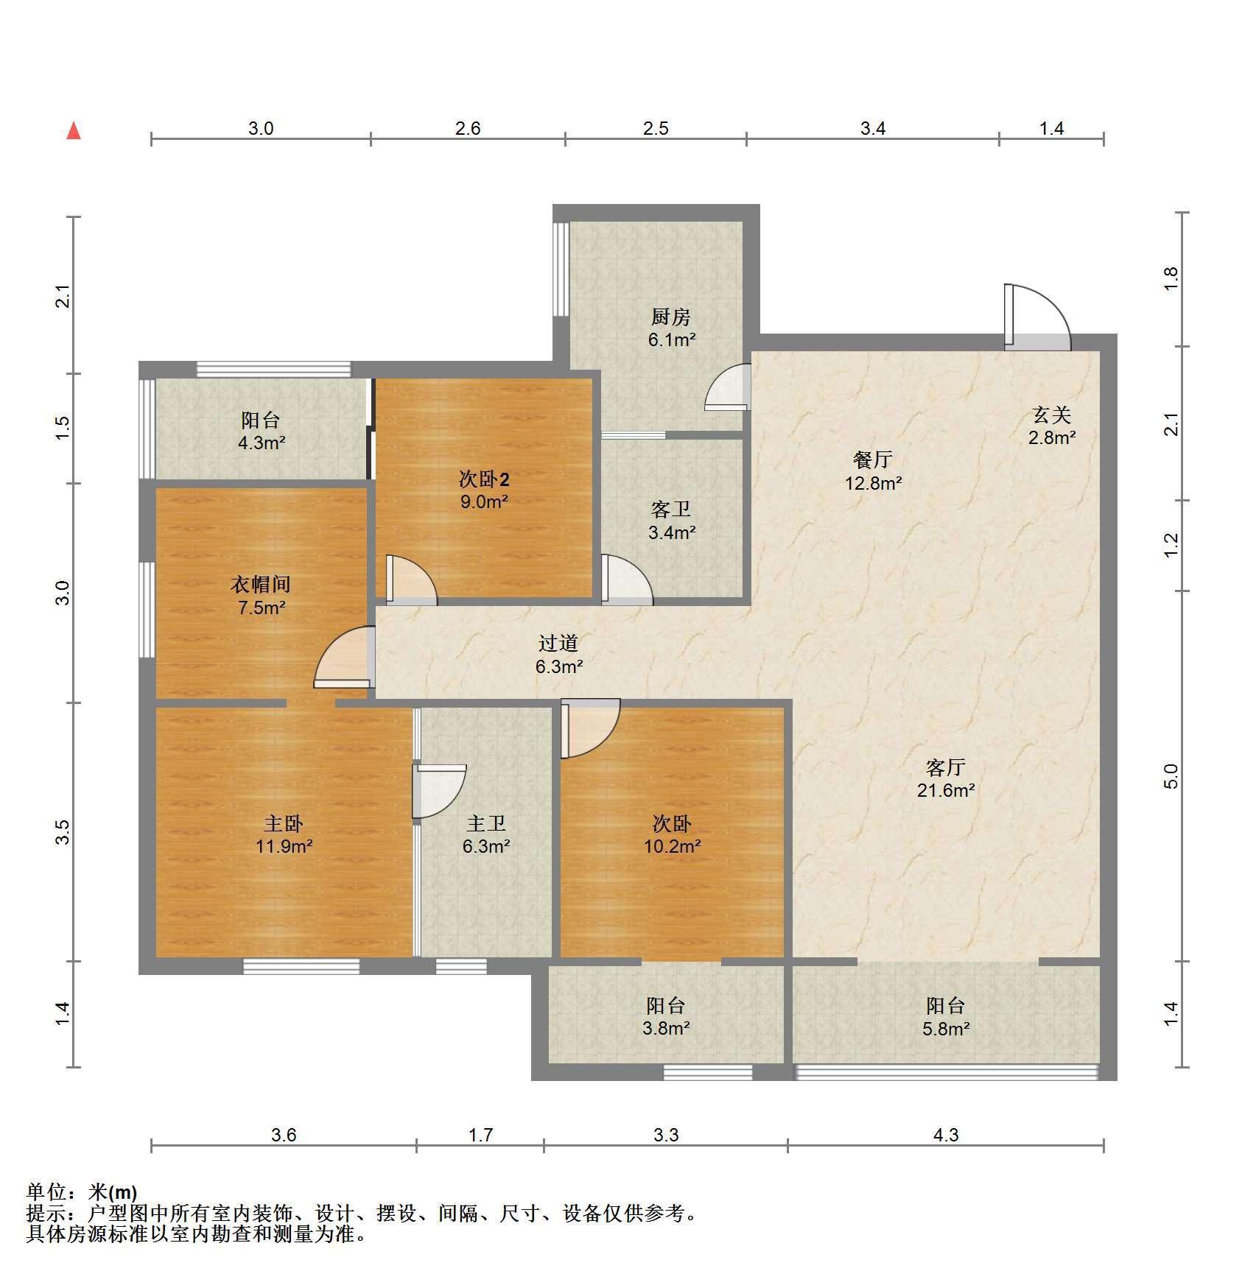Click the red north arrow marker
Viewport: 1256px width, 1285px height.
74,131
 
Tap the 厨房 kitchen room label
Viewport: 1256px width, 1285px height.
671,317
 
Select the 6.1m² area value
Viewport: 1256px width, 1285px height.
671,339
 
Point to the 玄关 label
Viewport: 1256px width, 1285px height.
1051,415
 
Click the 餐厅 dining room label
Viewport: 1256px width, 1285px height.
873,460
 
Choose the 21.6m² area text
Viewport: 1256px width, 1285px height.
946,790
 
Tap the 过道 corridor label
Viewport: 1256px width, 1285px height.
558,644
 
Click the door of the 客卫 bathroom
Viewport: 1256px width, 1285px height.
626,580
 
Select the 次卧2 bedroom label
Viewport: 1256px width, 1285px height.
484,480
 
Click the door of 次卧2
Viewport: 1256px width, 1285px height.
411,580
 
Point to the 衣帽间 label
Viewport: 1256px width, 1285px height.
261,585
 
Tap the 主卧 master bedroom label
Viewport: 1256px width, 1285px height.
284,823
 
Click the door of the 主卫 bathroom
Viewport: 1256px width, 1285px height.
439,792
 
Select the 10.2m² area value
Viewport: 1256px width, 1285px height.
672,846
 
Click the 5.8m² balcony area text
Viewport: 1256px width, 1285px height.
946,1028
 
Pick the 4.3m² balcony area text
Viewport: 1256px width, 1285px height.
262,443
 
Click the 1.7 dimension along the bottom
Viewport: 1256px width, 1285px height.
481,1135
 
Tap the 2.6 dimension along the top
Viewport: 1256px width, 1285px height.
468,129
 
